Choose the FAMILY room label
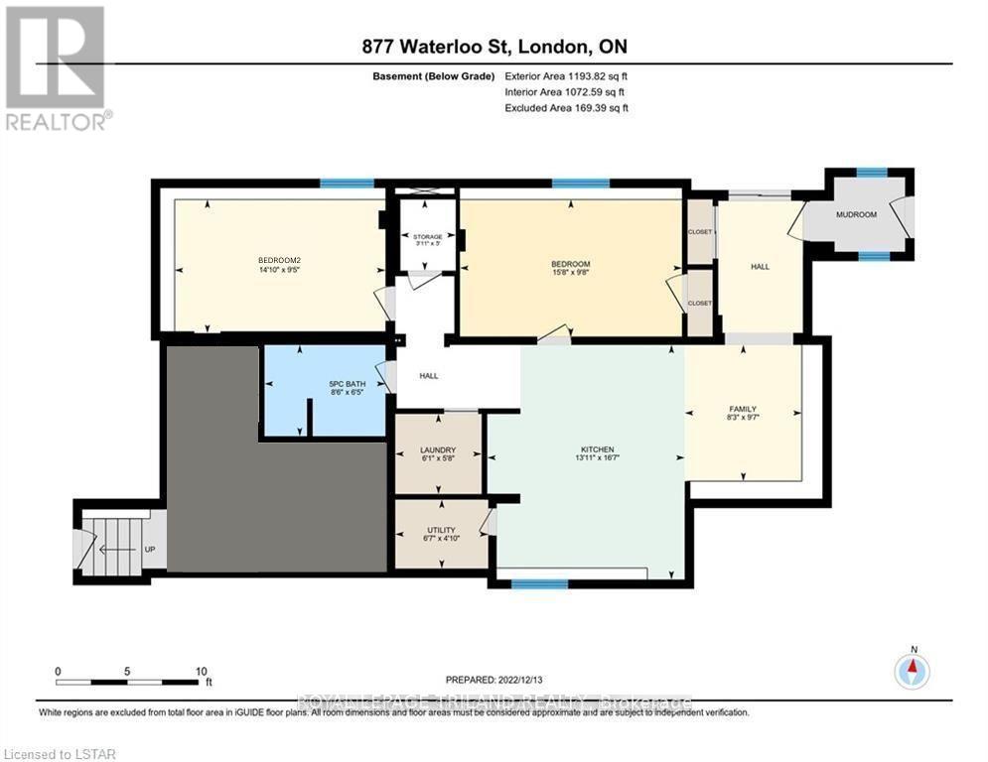743,409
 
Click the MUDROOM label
856,214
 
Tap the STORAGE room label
428,237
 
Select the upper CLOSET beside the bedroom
700,231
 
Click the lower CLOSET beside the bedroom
700,303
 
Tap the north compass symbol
911,672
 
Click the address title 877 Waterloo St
494,47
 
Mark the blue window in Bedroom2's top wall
347,183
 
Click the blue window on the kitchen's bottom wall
539,584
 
